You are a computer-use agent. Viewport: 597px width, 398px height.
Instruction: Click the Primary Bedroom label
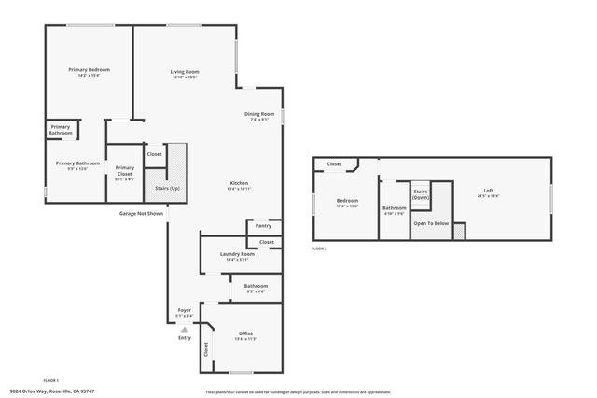tap(90, 70)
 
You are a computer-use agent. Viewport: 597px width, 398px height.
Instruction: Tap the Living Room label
tap(185, 71)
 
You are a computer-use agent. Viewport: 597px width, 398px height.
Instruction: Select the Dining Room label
tap(259, 114)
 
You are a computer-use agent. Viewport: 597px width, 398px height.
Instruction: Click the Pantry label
tap(263, 225)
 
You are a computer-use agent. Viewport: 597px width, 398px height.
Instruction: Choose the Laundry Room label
tap(237, 254)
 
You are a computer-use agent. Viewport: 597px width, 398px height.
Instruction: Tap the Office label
tap(245, 334)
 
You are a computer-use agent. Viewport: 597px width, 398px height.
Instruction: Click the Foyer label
tap(185, 311)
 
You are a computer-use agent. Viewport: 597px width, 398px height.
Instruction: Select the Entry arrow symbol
tap(185, 329)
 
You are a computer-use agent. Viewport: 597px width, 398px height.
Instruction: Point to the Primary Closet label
tap(125, 169)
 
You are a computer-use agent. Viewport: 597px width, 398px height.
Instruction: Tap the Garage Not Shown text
tap(141, 213)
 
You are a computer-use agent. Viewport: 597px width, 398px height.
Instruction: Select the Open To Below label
tap(431, 223)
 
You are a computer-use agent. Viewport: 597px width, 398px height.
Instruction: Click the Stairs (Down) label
tap(421, 193)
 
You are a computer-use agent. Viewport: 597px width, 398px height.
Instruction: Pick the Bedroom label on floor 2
tap(347, 201)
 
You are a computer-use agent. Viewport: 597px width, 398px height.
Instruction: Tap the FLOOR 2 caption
tap(320, 249)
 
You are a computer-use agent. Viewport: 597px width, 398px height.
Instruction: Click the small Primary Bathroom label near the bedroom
tap(61, 130)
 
